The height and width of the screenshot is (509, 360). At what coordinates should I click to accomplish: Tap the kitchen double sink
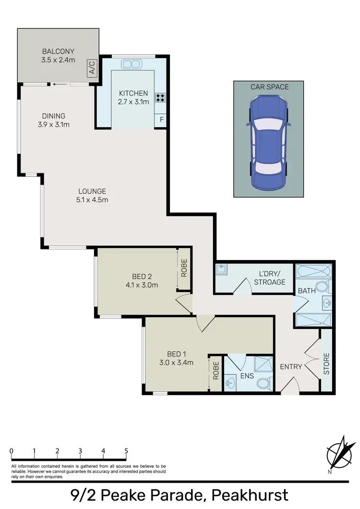(x=131, y=64)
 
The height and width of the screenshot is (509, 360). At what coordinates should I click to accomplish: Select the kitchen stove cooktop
(x=160, y=98)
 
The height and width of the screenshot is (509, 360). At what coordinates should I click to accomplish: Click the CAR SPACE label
(x=269, y=87)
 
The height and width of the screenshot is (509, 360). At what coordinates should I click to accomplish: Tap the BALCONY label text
(x=58, y=51)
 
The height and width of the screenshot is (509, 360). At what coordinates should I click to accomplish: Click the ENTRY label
(x=291, y=367)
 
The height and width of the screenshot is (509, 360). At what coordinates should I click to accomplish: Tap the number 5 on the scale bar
(x=126, y=451)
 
